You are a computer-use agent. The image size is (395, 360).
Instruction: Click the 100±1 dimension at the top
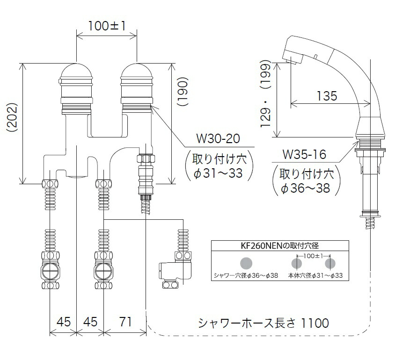[x=106, y=26]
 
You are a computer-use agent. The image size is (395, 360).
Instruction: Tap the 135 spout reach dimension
[x=327, y=96]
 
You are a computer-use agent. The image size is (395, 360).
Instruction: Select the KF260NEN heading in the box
[x=279, y=244]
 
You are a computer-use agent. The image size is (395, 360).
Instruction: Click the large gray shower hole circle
[x=246, y=263]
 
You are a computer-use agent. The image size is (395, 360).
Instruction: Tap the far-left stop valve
[x=50, y=271]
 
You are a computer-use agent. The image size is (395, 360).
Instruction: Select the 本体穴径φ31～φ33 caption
[x=316, y=276]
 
